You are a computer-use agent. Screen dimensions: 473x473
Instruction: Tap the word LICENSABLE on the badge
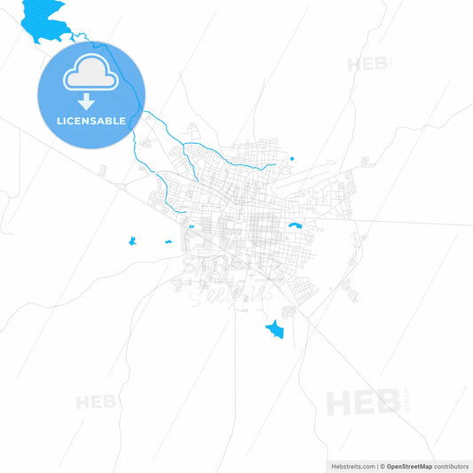(x=90, y=120)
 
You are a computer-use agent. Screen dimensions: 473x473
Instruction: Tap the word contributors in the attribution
(x=451, y=465)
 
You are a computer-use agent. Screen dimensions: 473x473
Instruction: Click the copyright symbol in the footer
(x=382, y=465)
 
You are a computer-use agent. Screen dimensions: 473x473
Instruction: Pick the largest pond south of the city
(x=275, y=330)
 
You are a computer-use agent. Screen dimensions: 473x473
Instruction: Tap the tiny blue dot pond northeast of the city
(x=291, y=160)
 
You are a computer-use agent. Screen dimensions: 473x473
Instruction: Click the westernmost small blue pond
(x=131, y=240)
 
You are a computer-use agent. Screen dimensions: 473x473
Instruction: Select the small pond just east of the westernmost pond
(x=166, y=241)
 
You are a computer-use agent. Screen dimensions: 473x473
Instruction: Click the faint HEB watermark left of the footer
(x=96, y=402)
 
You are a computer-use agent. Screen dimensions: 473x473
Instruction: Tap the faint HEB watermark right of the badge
(x=366, y=64)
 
